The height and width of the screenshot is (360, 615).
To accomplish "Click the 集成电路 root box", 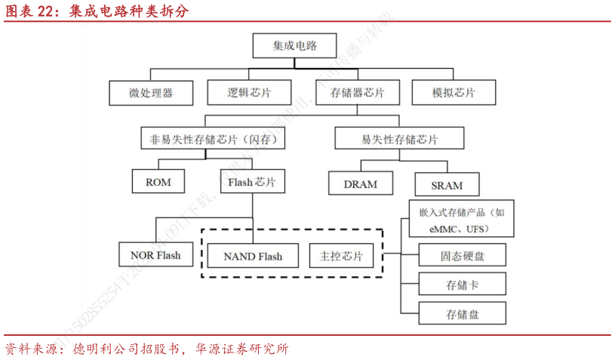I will click(294, 46).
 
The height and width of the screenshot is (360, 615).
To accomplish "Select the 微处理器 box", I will click(151, 93).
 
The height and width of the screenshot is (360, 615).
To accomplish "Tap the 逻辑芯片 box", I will click(249, 93).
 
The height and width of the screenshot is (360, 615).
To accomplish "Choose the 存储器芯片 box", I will click(357, 93).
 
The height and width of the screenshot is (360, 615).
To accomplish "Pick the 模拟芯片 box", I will click(454, 93).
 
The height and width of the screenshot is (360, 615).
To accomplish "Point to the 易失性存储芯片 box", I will click(399, 139).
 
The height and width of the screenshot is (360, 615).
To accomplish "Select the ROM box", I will click(158, 182).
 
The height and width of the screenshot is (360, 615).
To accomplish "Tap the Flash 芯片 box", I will click(252, 182).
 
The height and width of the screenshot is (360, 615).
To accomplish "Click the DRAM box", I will click(361, 183).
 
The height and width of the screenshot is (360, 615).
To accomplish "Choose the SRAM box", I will click(447, 184).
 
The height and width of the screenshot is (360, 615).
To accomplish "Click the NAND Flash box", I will click(252, 256).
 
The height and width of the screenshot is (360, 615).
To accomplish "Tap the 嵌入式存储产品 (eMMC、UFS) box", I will click(462, 220).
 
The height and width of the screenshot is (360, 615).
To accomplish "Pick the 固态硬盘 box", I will click(462, 256).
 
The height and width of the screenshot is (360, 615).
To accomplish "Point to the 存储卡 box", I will click(462, 285).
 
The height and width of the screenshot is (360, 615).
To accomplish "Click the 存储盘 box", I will click(462, 313).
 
